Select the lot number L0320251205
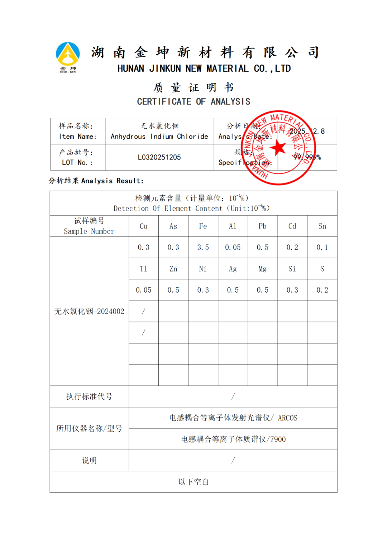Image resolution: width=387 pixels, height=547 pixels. pos(159,157)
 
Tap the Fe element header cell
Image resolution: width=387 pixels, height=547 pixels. pos(203,226)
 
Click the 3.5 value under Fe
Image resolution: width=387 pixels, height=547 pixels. pos(203,247)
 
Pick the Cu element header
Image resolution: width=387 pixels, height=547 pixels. pos(143,226)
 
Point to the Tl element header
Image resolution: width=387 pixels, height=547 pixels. pos(143,269)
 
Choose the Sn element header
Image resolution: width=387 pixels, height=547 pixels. pos(322,226)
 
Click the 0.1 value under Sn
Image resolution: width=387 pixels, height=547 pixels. pos(322,247)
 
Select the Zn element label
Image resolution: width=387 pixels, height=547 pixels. pos(173,269)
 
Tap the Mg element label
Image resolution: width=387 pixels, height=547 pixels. pos(262,269)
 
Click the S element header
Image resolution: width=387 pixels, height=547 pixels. pos(322,269)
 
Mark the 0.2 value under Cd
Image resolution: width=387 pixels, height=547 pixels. pos(292,247)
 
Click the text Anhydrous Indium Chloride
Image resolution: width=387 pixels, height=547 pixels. pos(159,136)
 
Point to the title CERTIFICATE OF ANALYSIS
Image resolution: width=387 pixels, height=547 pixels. pos(193,102)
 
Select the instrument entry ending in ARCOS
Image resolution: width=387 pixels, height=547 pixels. pos(233,418)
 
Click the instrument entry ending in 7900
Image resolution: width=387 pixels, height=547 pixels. pos(233,439)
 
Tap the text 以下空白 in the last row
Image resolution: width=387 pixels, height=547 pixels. pos(193,482)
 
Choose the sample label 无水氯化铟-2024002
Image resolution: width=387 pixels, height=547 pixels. pos(89,311)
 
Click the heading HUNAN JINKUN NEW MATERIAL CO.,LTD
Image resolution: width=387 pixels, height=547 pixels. pos(204,68)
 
